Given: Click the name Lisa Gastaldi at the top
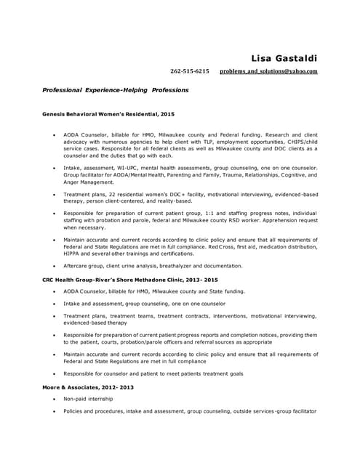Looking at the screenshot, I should (x=284, y=58).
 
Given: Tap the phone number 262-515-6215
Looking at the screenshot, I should (x=190, y=71).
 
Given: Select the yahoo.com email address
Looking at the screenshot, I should (x=268, y=71).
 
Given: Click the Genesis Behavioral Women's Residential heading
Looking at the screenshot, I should (x=108, y=114).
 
